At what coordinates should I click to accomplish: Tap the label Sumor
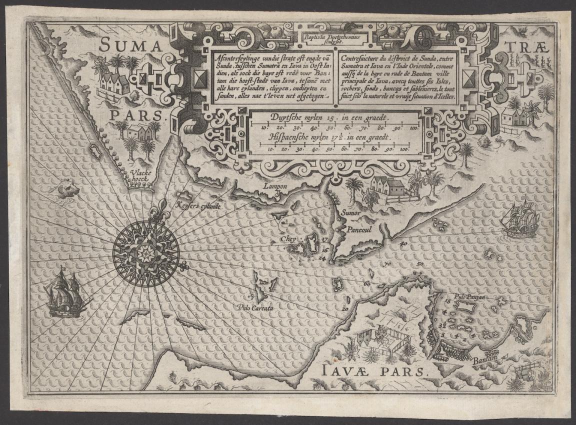351,212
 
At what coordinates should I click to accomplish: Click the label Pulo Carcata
255,308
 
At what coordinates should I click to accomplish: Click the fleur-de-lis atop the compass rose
162,205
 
